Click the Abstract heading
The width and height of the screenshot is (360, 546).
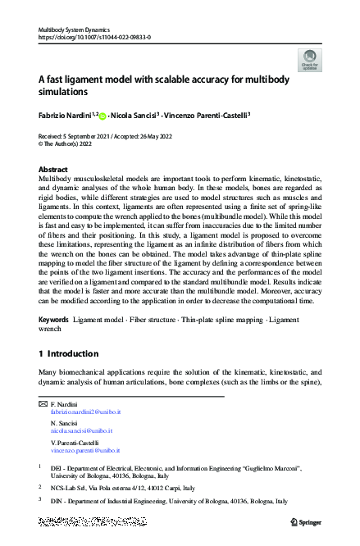click(x=53, y=168)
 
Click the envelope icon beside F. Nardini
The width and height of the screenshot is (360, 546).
click(x=43, y=406)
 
